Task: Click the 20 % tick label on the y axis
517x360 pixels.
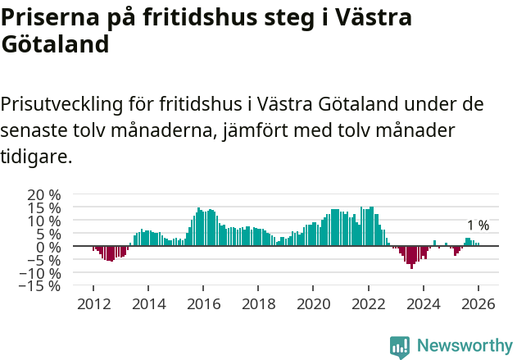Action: [x=43, y=195]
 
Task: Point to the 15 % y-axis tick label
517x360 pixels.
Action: [x=43, y=208]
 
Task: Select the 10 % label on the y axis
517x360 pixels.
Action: [x=43, y=221]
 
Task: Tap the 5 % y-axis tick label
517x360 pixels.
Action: [x=48, y=234]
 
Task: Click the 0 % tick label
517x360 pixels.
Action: [x=48, y=247]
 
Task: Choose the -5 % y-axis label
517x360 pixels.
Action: [x=44, y=260]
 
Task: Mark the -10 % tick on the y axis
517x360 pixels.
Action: [x=40, y=273]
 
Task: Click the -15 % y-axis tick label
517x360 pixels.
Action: [x=40, y=286]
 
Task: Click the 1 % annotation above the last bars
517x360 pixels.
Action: [x=478, y=226]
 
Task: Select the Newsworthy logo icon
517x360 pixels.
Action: [x=400, y=346]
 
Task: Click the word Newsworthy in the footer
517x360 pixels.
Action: [x=464, y=346]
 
